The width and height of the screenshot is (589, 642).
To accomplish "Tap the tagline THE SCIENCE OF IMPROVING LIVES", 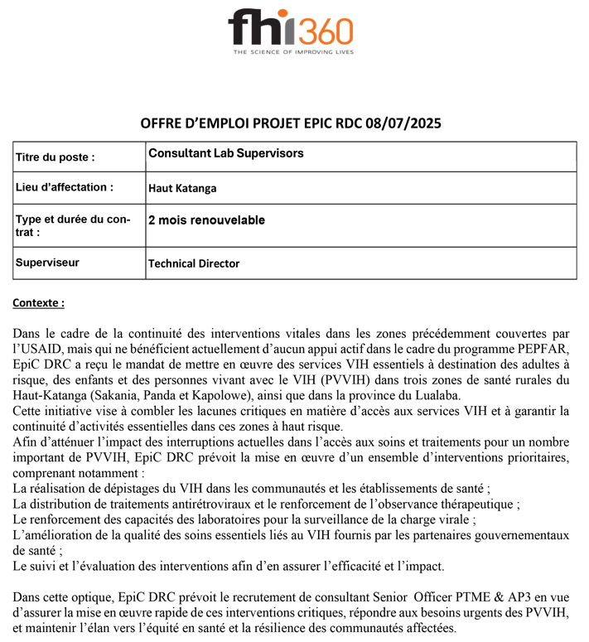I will click(x=293, y=51).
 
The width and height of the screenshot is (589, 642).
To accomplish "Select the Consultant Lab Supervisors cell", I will click(x=225, y=153).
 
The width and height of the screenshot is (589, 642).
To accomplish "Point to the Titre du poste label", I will click(x=55, y=157).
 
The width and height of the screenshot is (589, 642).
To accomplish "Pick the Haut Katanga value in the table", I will click(x=182, y=188).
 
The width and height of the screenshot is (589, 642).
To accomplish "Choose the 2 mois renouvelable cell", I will click(x=206, y=220).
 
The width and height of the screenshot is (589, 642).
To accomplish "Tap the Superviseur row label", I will click(x=47, y=263).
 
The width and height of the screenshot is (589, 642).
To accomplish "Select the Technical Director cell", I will click(x=194, y=263).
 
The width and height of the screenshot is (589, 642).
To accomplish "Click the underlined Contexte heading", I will click(x=38, y=303).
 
